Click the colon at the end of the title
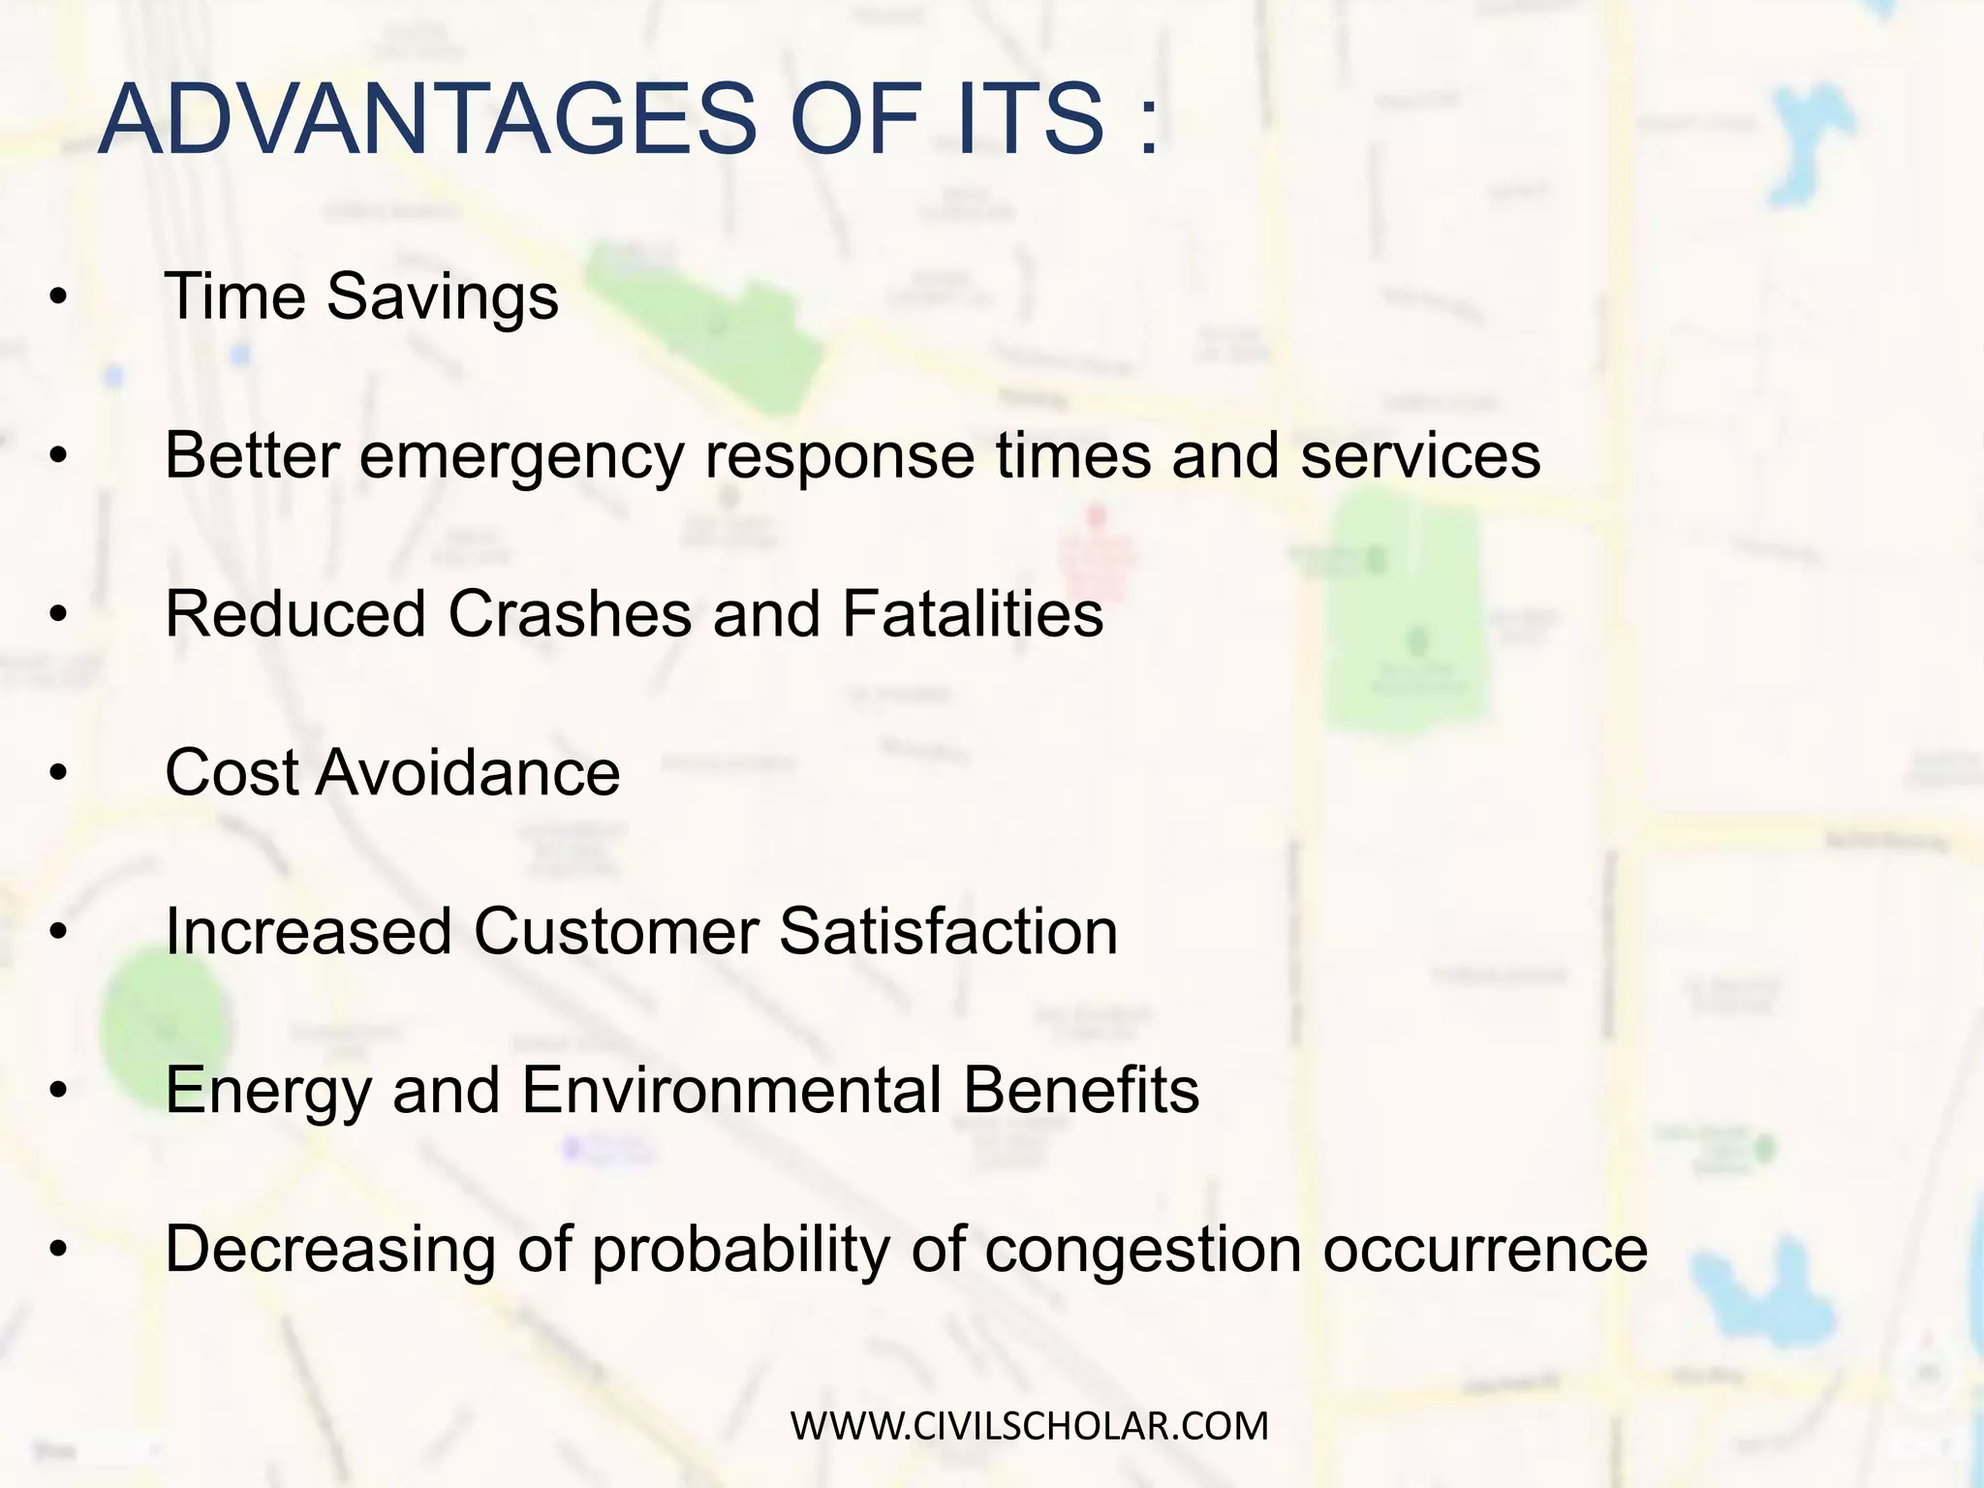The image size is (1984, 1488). click(1149, 126)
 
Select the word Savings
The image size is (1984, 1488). click(443, 297)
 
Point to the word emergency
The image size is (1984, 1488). click(521, 456)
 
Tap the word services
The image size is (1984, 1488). click(1419, 456)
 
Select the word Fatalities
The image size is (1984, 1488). click(973, 614)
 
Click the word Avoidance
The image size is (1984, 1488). click(467, 773)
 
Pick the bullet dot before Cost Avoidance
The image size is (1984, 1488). click(59, 775)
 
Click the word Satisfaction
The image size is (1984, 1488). click(948, 932)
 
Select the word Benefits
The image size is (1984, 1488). click(1081, 1091)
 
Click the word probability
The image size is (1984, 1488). click(741, 1251)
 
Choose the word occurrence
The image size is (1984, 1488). click(1485, 1251)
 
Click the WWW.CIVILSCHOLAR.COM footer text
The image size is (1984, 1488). click(1029, 1426)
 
